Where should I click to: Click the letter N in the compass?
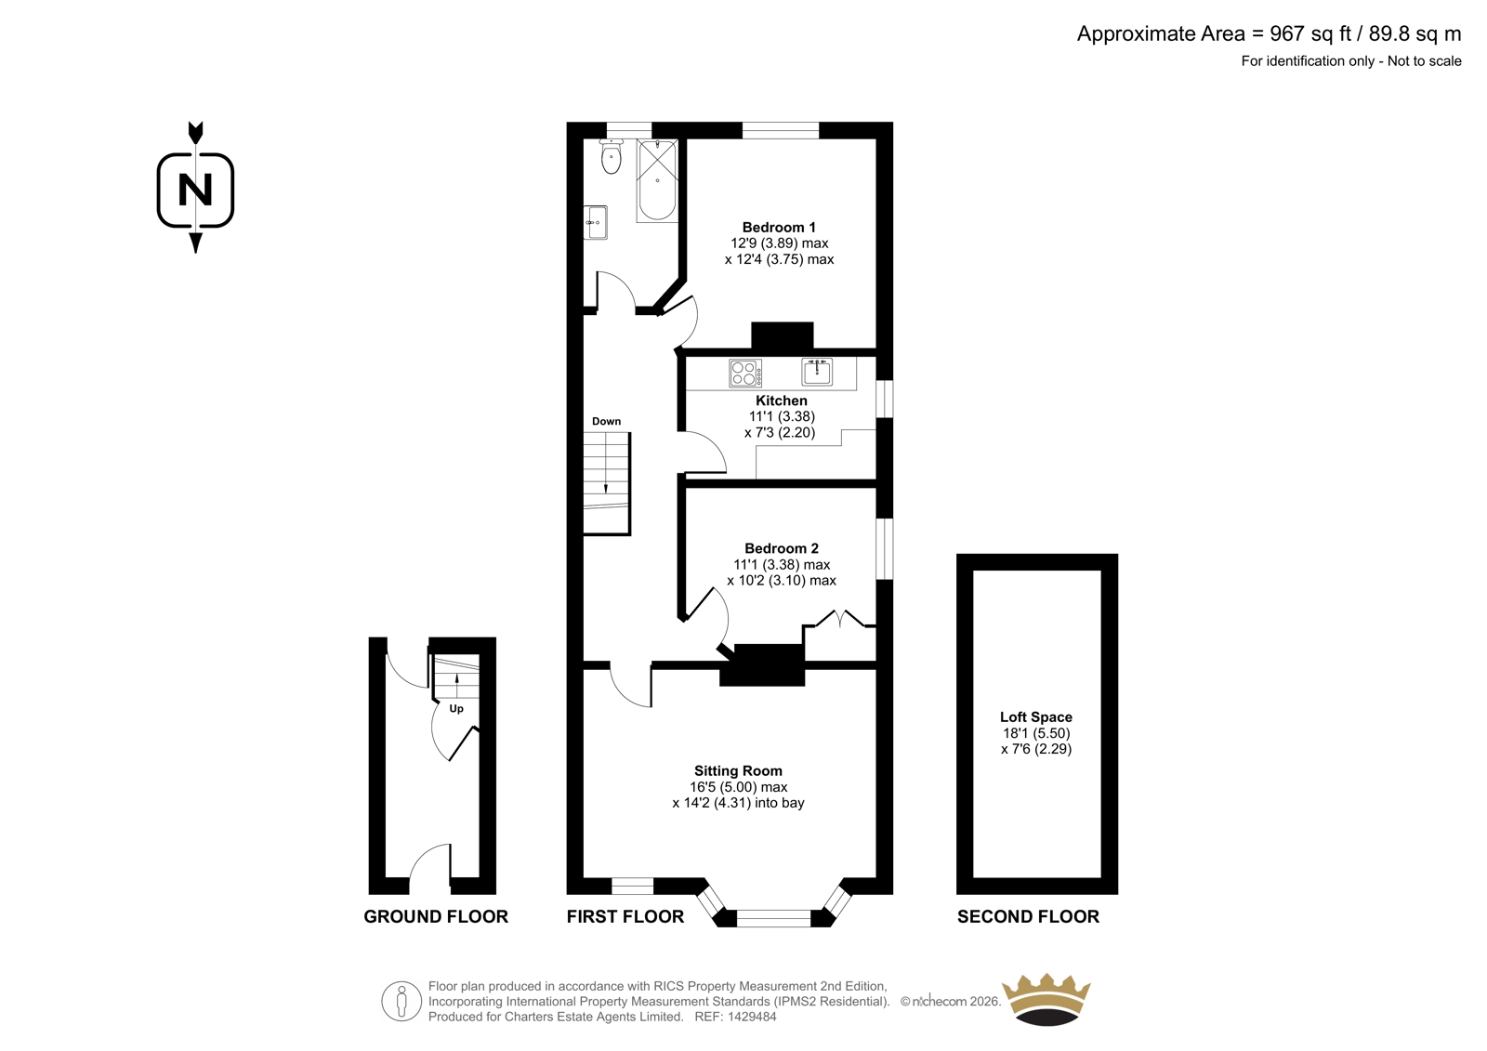[195, 190]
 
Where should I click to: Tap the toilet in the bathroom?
[611, 157]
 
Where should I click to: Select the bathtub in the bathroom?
[657, 180]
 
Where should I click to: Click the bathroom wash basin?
[596, 222]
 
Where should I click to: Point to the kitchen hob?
[744, 373]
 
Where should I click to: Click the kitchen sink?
[817, 371]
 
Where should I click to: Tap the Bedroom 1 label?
[779, 227]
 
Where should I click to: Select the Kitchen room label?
[782, 401]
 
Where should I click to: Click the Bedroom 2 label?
[782, 548]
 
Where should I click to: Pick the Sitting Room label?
[738, 770]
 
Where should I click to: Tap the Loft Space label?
[1036, 717]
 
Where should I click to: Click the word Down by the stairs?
[607, 421]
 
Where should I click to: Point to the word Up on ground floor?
[456, 709]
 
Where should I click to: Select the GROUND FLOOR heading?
[436, 916]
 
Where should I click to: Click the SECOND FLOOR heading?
[1028, 916]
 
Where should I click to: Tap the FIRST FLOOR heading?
[625, 916]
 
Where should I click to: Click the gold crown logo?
[1046, 999]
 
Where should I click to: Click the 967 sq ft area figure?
[1310, 33]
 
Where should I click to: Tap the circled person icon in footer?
[401, 1001]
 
